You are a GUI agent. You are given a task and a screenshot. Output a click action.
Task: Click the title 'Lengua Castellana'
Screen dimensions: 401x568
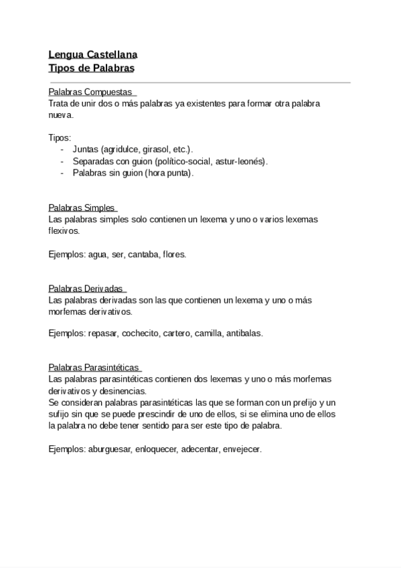click(x=93, y=56)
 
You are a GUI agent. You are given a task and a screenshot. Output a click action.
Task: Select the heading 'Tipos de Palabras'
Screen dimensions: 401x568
click(x=92, y=68)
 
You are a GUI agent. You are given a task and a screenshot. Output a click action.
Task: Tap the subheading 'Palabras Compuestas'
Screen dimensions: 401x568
click(x=92, y=92)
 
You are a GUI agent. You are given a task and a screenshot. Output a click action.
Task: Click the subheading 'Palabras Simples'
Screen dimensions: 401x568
click(x=82, y=208)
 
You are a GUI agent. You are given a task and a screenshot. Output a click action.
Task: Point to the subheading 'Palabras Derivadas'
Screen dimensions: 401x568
click(x=86, y=289)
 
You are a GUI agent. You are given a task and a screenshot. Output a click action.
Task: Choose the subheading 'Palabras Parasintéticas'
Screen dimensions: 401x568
click(x=94, y=368)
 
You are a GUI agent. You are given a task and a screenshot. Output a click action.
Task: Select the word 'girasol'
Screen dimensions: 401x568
click(x=156, y=149)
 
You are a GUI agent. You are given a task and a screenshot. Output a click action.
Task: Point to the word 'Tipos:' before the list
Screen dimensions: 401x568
click(x=60, y=138)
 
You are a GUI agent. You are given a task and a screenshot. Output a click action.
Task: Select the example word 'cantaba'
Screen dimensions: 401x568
click(x=143, y=255)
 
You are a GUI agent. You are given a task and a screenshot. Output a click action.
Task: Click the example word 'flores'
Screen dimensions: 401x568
click(x=174, y=255)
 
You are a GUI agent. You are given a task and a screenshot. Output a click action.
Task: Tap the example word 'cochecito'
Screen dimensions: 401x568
click(x=140, y=333)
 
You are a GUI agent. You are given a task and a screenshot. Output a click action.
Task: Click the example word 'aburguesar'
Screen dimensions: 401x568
click(x=110, y=449)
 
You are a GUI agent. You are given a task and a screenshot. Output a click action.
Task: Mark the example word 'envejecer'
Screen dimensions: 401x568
click(x=240, y=449)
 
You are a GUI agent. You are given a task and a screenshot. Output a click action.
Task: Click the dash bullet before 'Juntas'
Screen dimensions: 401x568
click(x=63, y=149)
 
